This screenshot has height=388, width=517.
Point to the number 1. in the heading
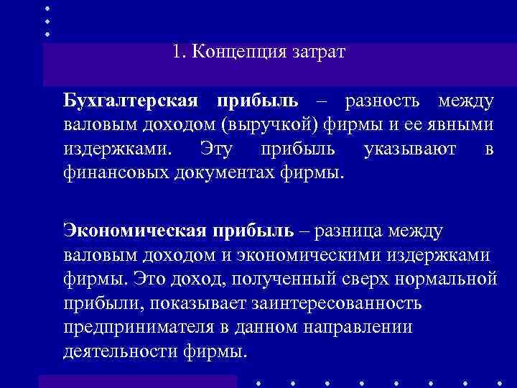pyautogui.click(x=179, y=52)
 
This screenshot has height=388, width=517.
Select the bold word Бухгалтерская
pyautogui.click(x=136, y=101)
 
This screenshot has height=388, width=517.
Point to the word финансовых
pyautogui.click(x=116, y=173)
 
